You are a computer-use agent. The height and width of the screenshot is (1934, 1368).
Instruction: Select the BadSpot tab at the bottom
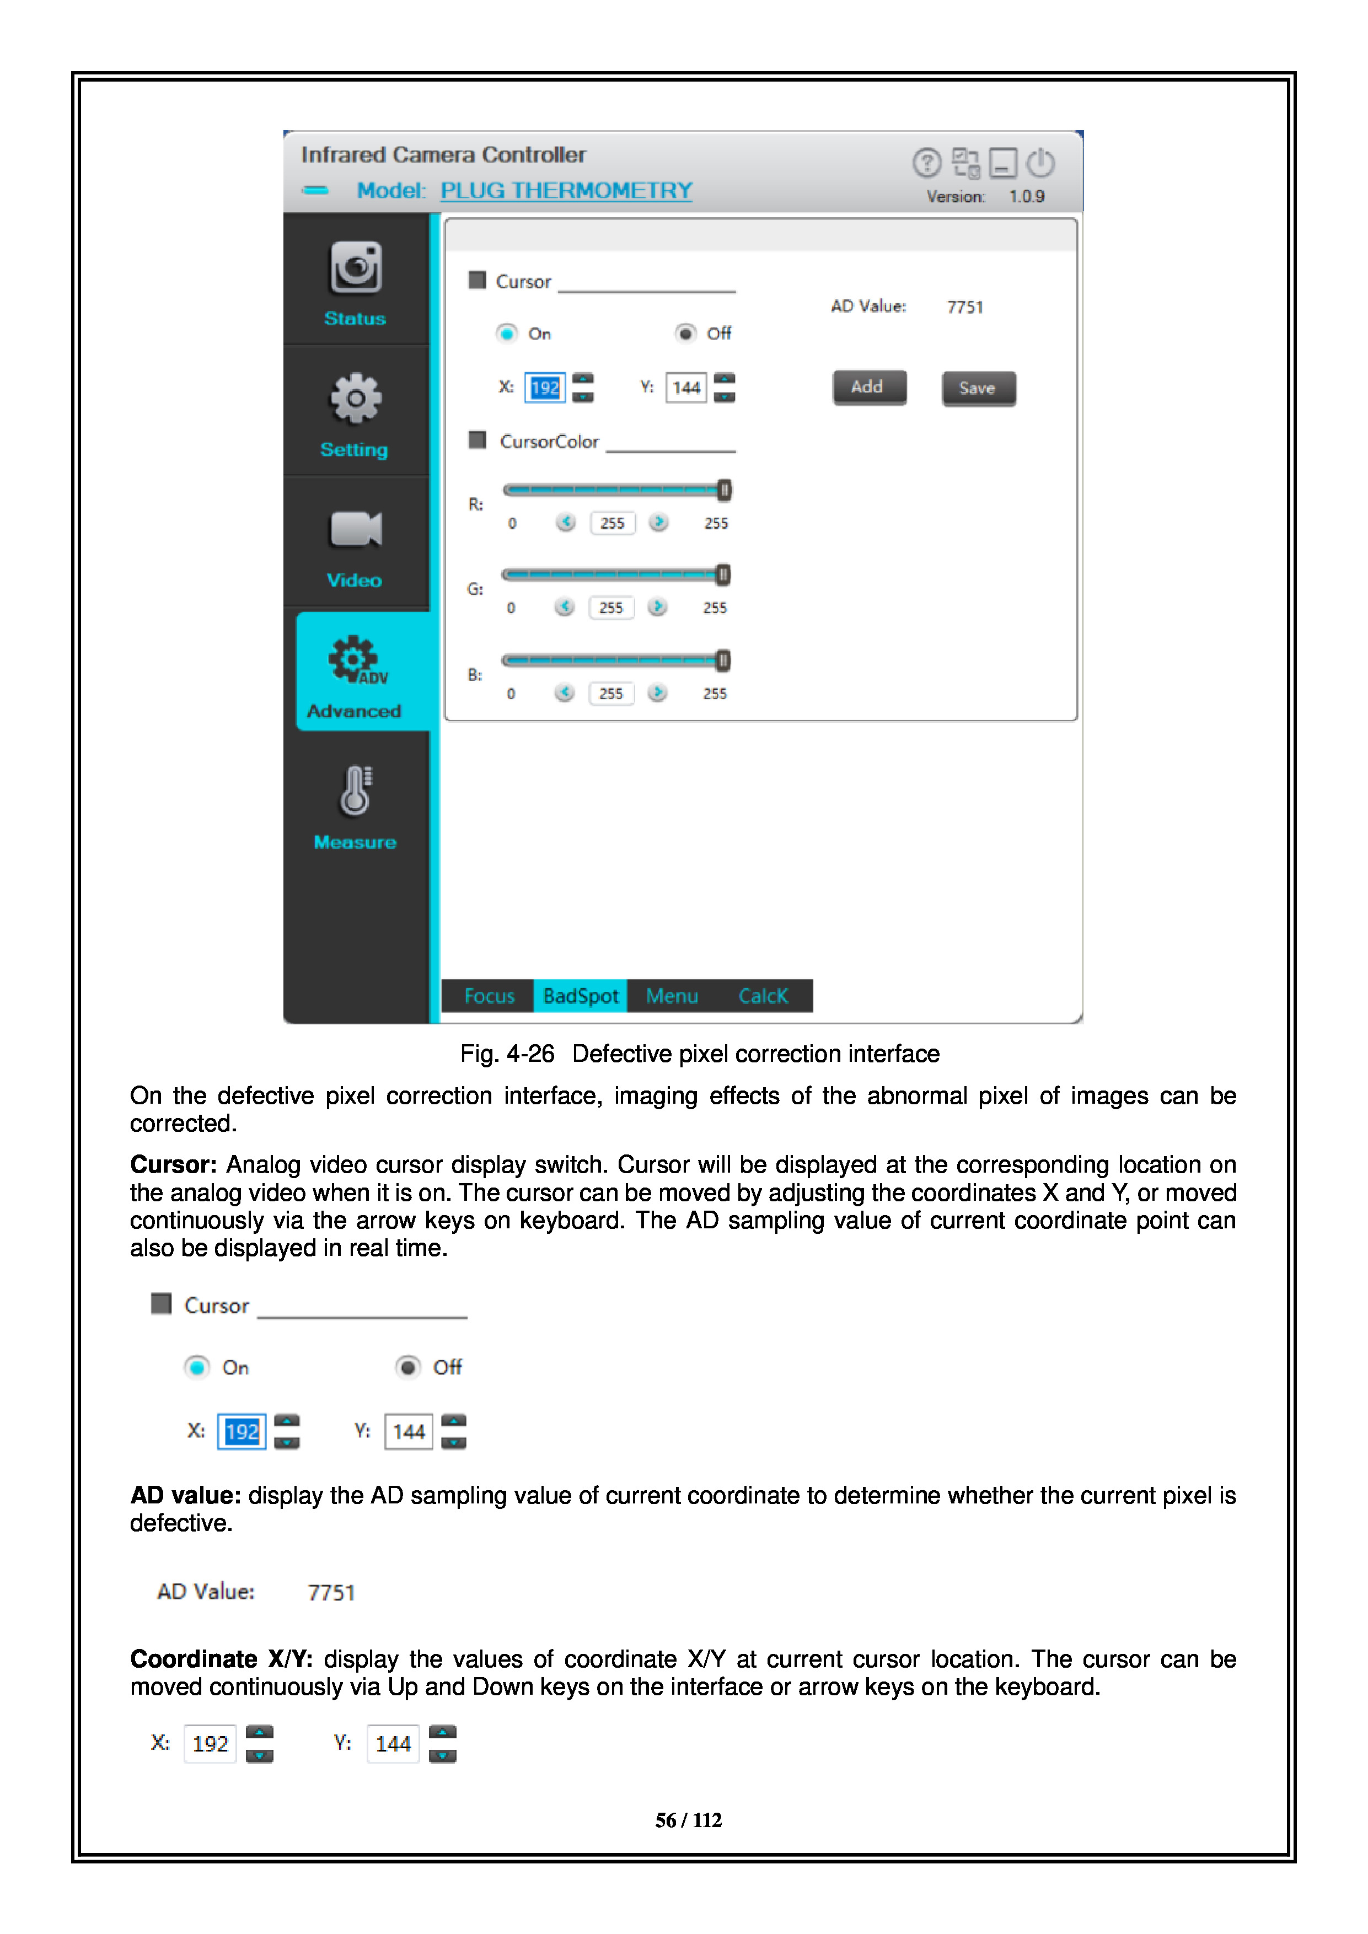pos(581,996)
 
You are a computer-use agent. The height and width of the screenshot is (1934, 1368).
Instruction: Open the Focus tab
pos(489,996)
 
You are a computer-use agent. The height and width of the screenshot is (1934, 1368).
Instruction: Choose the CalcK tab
pos(763,996)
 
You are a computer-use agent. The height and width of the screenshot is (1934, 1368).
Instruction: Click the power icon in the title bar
pos(1041,163)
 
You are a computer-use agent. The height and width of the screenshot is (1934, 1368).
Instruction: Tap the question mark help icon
pos(926,163)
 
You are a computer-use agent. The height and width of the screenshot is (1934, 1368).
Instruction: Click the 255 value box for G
pos(611,608)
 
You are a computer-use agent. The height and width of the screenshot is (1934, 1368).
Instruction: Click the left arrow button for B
pos(565,692)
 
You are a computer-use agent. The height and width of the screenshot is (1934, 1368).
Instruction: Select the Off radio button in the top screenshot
pos(686,334)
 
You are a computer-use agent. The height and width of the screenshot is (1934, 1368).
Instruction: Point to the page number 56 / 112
pos(688,1820)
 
